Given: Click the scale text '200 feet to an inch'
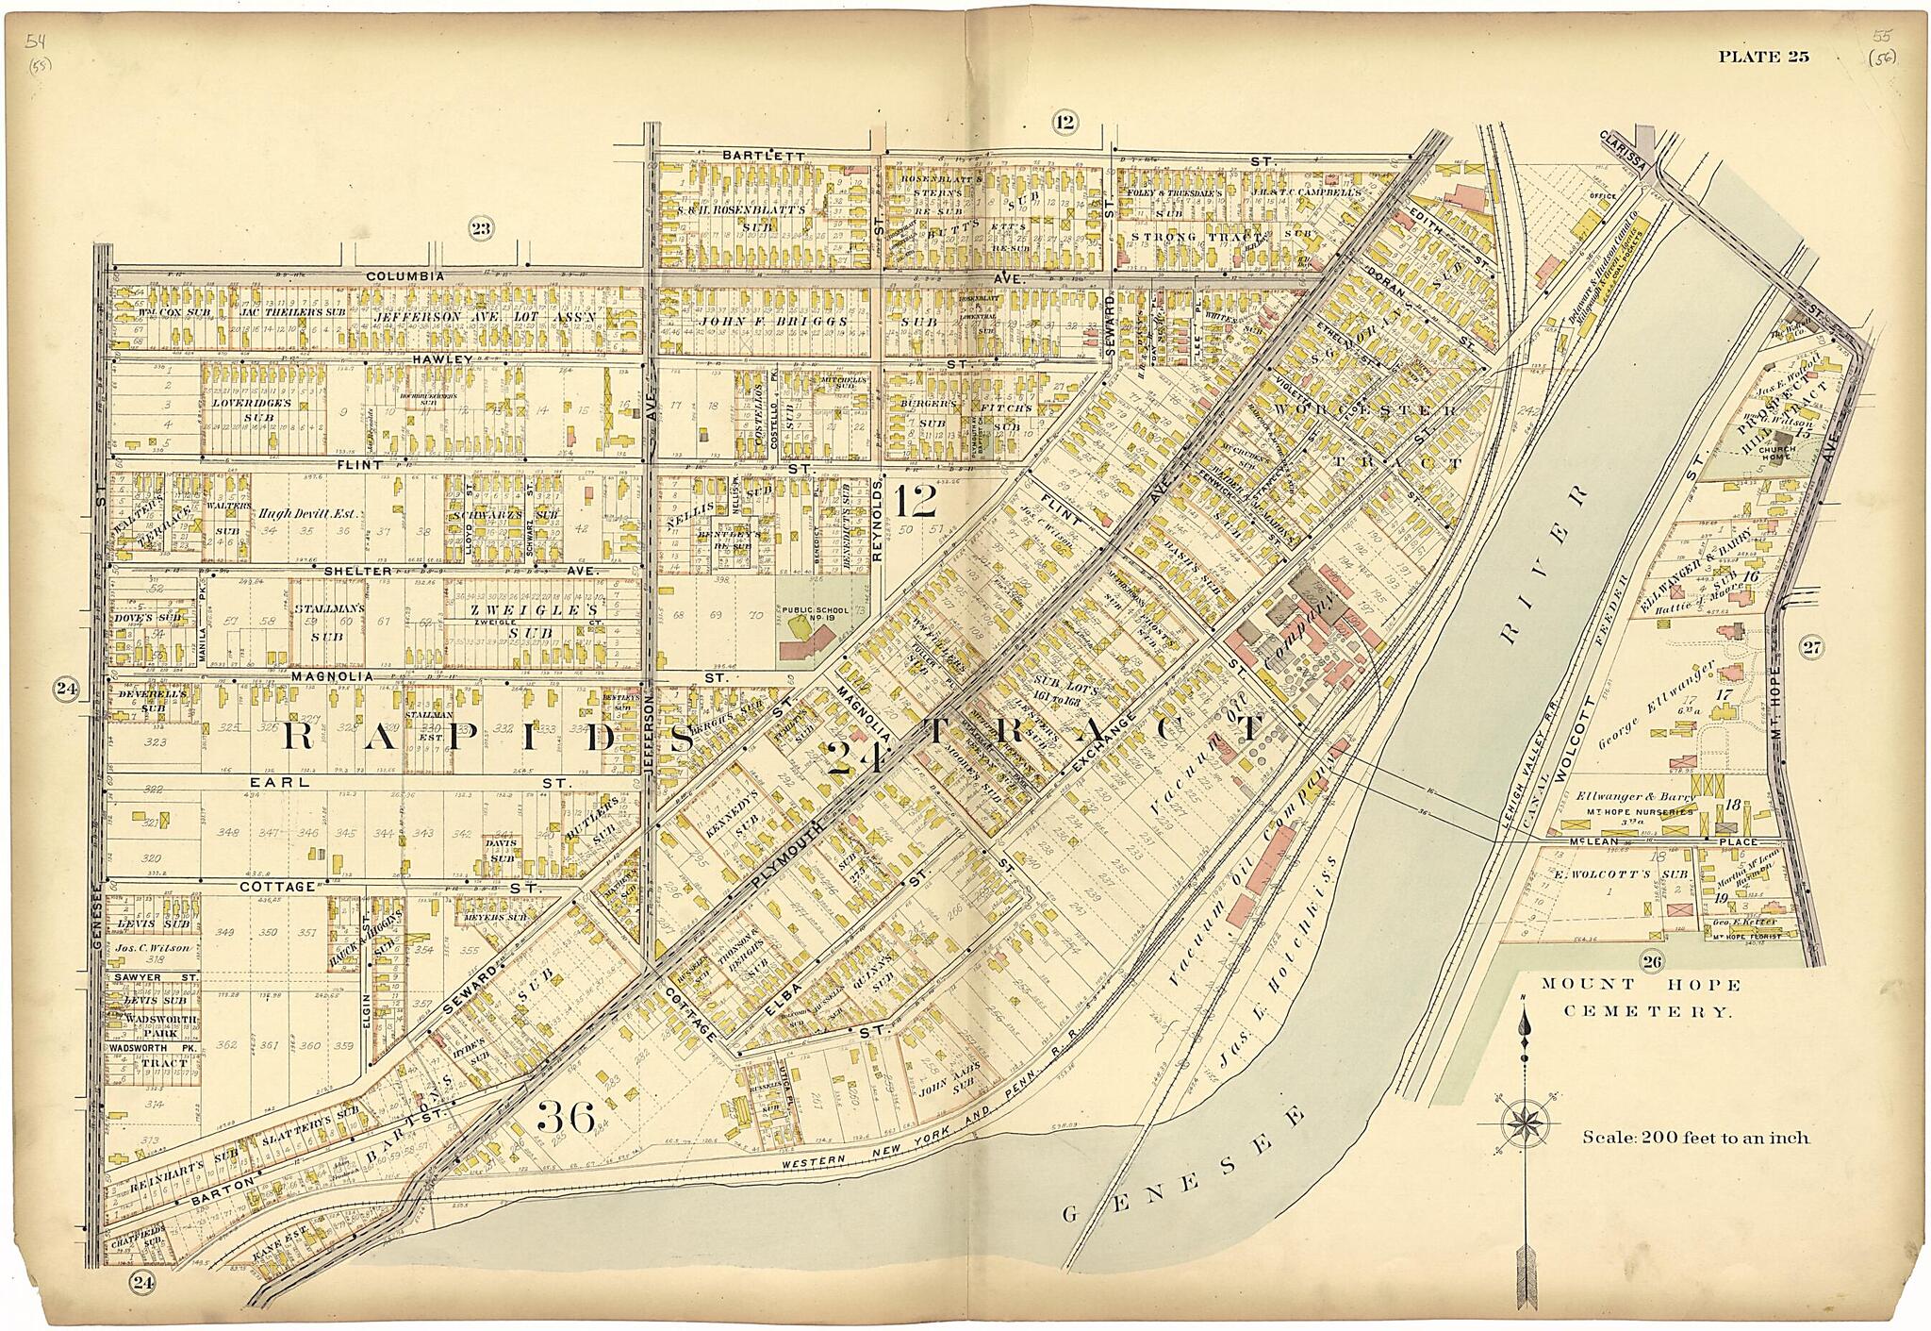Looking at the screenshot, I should tap(1694, 1138).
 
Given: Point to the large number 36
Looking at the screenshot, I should tap(566, 1119).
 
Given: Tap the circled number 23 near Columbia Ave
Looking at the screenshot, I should tap(482, 226).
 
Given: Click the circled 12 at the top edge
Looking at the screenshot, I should tap(1065, 121).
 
